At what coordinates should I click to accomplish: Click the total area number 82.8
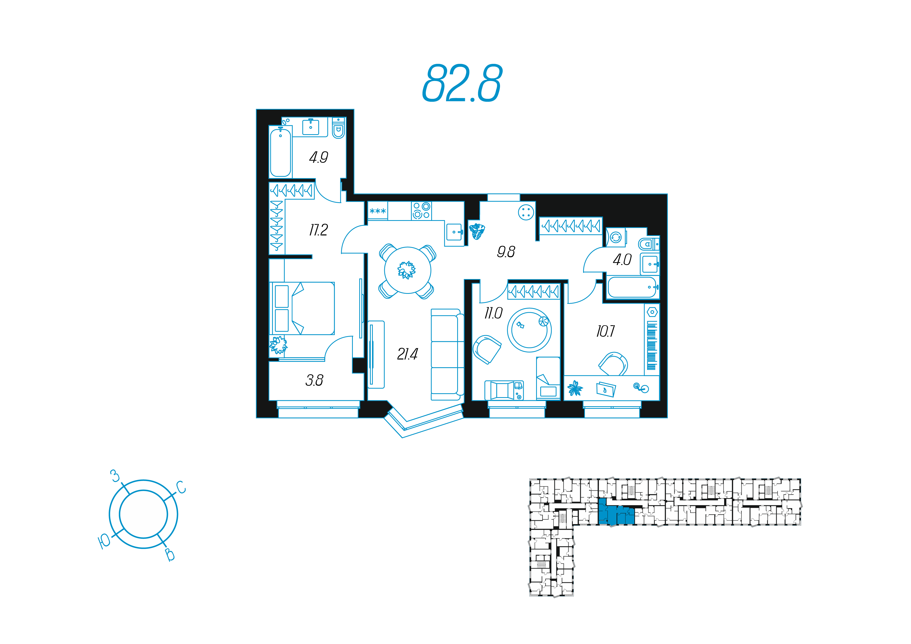tap(462, 83)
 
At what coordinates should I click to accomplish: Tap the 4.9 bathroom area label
tap(318, 158)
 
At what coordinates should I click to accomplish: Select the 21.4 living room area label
tap(407, 354)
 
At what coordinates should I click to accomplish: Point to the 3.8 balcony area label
tap(314, 380)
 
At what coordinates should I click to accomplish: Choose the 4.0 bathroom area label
tap(622, 260)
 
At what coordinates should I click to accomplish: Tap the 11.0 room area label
tap(493, 314)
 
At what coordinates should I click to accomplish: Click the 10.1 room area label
tap(605, 331)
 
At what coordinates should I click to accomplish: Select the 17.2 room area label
tap(318, 230)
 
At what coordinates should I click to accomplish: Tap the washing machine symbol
tap(615, 237)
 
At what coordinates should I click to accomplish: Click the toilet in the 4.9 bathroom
tap(338, 128)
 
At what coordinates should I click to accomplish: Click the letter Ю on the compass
tap(104, 541)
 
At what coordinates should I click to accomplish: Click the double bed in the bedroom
tap(302, 308)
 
